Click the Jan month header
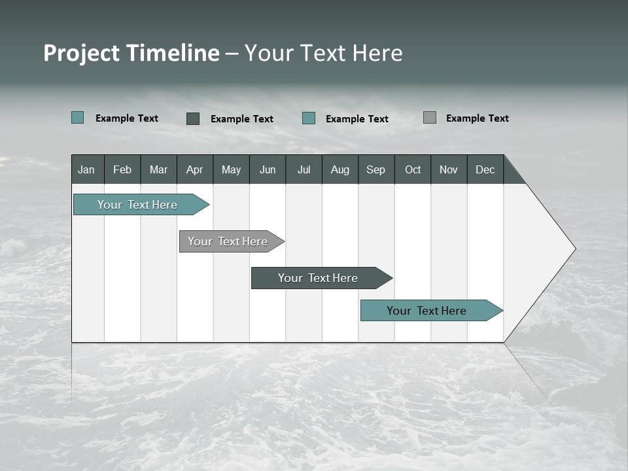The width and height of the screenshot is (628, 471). pyautogui.click(x=87, y=169)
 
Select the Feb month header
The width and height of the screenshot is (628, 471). pyautogui.click(x=122, y=169)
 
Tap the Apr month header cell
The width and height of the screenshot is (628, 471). pyautogui.click(x=195, y=169)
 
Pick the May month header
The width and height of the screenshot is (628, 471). pyautogui.click(x=231, y=169)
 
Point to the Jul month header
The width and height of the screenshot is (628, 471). pyautogui.click(x=304, y=169)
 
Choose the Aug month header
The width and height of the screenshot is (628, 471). pyautogui.click(x=340, y=169)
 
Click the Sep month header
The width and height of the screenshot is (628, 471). pyautogui.click(x=376, y=169)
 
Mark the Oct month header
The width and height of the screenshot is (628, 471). pyautogui.click(x=413, y=169)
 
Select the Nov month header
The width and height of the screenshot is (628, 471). pyautogui.click(x=449, y=169)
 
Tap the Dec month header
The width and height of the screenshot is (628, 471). pyautogui.click(x=485, y=169)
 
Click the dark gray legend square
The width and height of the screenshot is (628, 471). pyautogui.click(x=193, y=118)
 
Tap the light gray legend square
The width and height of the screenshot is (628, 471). pyautogui.click(x=430, y=118)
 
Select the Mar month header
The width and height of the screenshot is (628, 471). pyautogui.click(x=158, y=169)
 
